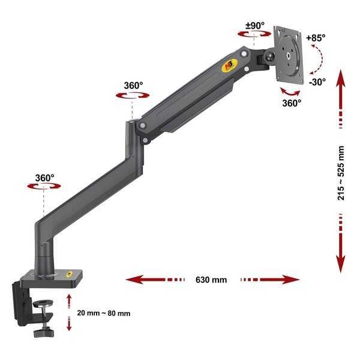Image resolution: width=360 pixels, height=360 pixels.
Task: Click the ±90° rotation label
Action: pyautogui.click(x=255, y=25)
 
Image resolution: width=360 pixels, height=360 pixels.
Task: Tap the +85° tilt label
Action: pyautogui.click(x=316, y=38)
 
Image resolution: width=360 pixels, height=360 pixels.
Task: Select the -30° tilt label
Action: pyautogui.click(x=317, y=82)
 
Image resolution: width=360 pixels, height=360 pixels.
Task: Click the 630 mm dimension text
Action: pyautogui.click(x=211, y=280)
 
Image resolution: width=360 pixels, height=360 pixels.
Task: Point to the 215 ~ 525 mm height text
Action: pyautogui.click(x=341, y=173)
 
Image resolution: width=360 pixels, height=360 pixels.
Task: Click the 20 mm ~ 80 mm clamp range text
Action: pyautogui.click(x=104, y=313)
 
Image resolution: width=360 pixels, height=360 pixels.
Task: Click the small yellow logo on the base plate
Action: pyautogui.click(x=69, y=274)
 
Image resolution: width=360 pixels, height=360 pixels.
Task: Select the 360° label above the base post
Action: pyautogui.click(x=45, y=178)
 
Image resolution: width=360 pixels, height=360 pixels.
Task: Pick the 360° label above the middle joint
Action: pyautogui.click(x=133, y=86)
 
